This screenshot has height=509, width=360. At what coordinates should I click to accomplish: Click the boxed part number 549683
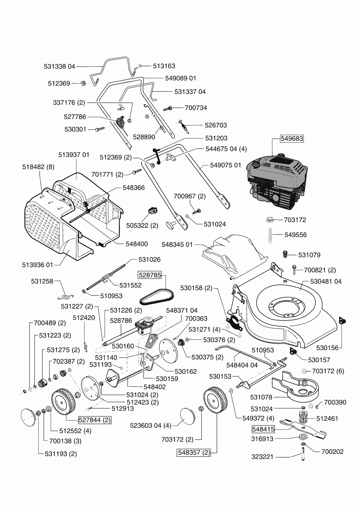point(292,139)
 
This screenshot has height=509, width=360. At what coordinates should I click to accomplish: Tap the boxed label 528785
point(150,275)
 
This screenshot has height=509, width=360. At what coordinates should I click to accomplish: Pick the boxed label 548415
point(263,429)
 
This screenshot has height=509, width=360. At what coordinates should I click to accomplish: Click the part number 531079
point(309,255)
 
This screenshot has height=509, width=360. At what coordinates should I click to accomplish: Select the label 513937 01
point(74,155)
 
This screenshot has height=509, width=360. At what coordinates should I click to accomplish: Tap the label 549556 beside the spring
point(296,235)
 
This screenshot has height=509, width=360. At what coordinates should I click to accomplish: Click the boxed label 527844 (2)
point(95,420)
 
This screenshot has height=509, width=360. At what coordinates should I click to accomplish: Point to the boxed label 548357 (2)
point(194,452)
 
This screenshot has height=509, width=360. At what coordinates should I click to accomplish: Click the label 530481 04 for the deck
point(326,281)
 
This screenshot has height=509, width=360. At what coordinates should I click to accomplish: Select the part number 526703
point(216,125)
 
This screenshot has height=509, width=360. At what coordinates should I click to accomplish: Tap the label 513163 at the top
point(164,66)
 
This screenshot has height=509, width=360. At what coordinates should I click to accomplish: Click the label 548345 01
point(177,244)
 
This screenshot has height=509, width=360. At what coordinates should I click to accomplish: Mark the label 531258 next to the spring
point(42,281)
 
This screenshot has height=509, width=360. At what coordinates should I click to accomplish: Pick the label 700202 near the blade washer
point(332,452)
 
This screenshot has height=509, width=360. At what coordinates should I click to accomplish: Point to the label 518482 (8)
point(38,167)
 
